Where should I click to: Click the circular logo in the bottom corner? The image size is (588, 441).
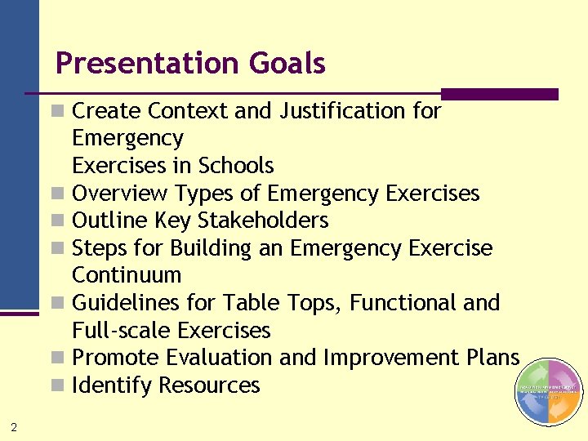pyautogui.click(x=548, y=392)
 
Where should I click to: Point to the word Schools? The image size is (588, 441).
pyautogui.click(x=235, y=166)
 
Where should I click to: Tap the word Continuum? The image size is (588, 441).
pyautogui.click(x=127, y=275)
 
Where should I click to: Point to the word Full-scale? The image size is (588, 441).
pyautogui.click(x=122, y=331)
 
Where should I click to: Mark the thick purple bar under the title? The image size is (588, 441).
pyautogui.click(x=499, y=95)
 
